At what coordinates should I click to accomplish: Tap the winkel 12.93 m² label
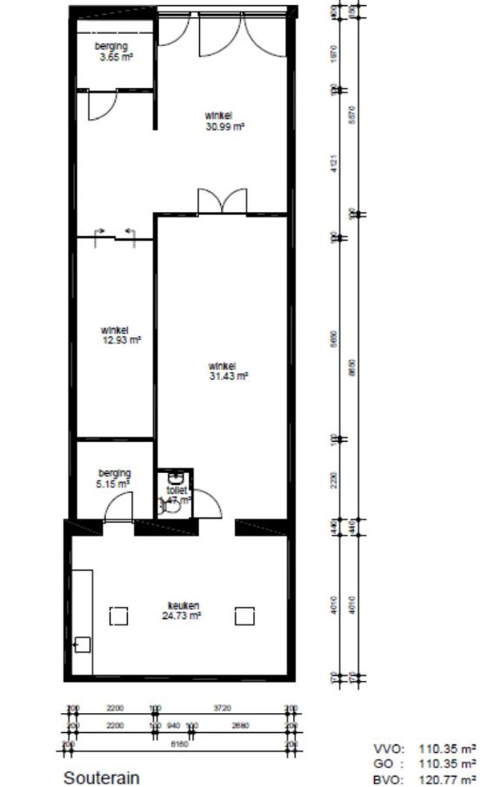pos(115,335)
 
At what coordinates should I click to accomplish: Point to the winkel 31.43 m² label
pos(227,371)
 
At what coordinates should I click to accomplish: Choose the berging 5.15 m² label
pos(114,477)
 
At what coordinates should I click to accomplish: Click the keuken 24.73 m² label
pos(182,610)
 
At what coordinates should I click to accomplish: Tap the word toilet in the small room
pos(177,491)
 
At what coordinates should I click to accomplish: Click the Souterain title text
pos(102,777)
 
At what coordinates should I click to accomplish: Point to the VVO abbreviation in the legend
pos(384,748)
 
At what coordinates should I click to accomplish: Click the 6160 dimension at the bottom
pos(180,744)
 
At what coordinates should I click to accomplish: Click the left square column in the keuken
pos(118,616)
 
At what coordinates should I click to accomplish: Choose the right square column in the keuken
pos(244,616)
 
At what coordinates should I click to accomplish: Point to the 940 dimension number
pos(174,725)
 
